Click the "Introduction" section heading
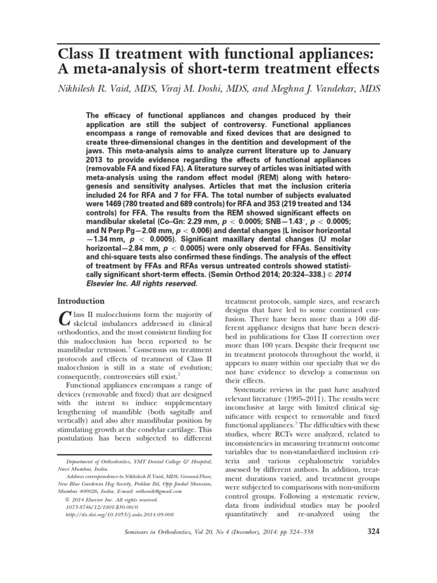click(81, 301)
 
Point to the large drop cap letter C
click(65, 319)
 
